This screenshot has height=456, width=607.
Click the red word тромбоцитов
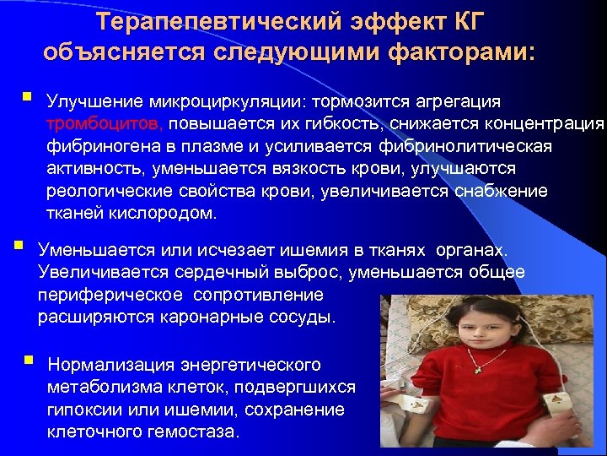tap(105, 124)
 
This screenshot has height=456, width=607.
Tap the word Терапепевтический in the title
tap(209, 20)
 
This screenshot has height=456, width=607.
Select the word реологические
tap(105, 191)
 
